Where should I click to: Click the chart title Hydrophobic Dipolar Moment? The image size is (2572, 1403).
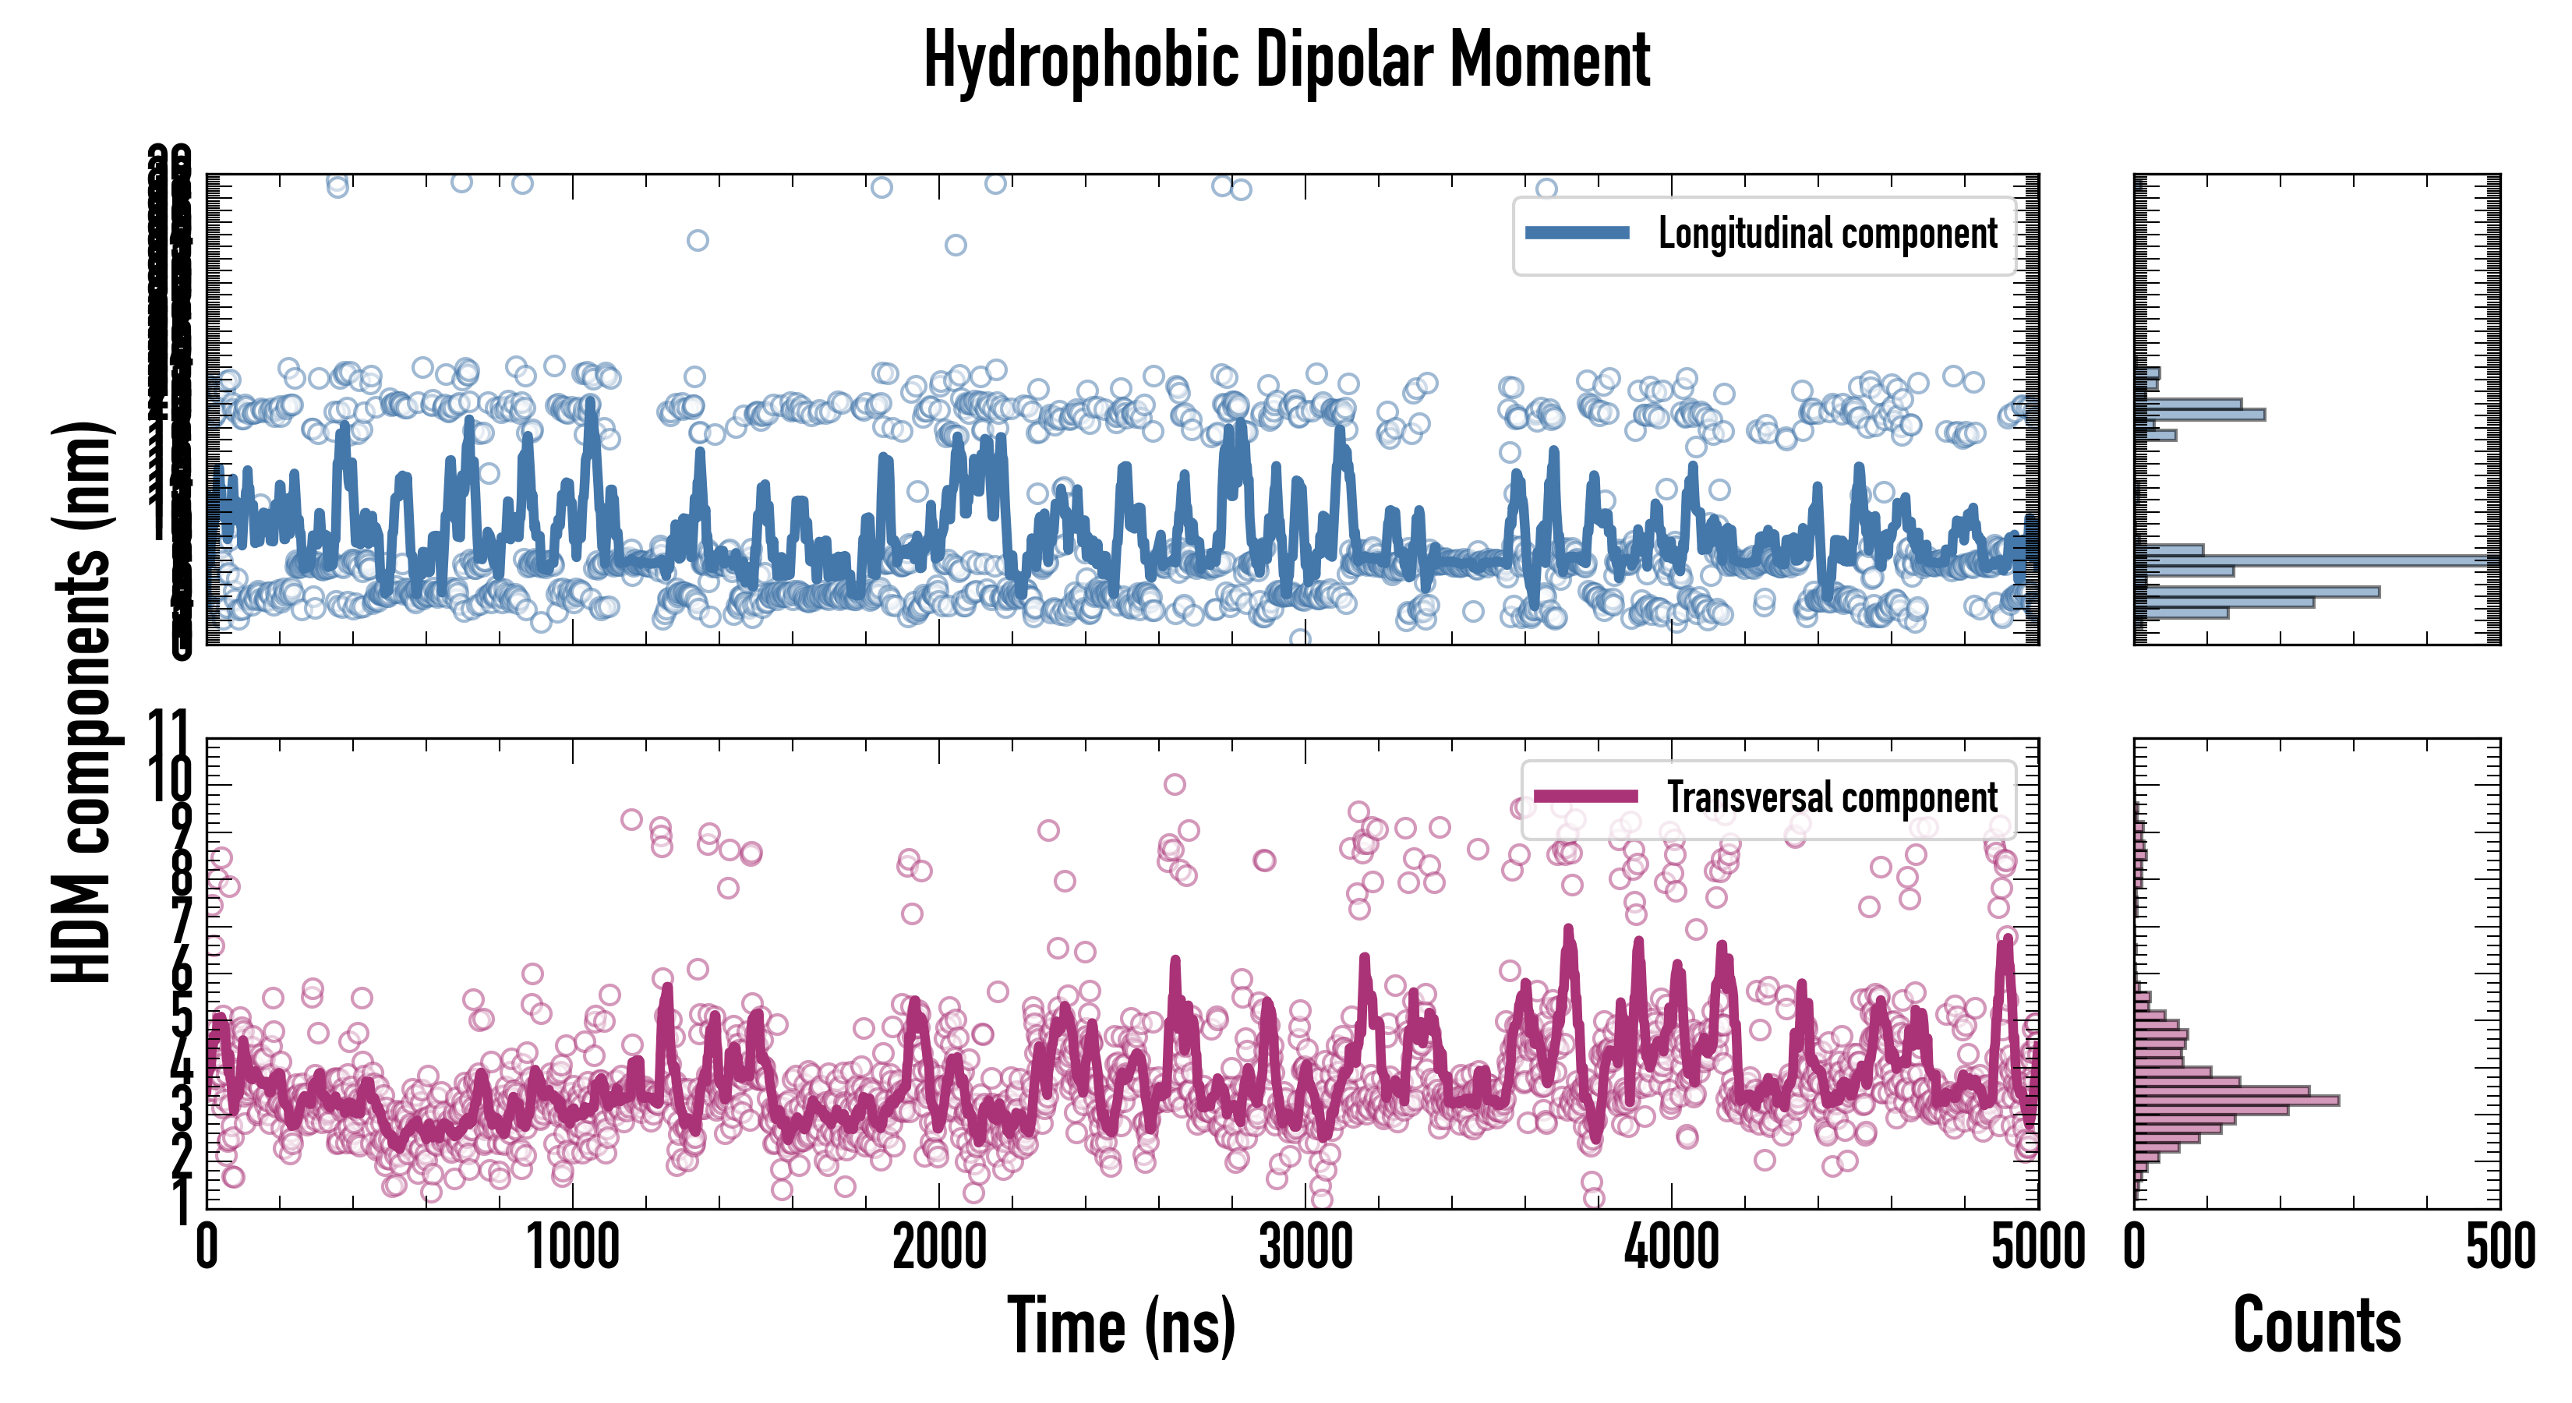point(1286,60)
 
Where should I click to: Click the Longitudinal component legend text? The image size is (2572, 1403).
point(1827,234)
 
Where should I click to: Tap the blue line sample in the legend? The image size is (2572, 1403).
point(1577,234)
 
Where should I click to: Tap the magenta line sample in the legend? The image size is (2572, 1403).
point(1585,797)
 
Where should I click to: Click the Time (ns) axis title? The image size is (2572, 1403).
point(1122,1326)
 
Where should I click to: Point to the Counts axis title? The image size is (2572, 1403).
point(2316,1326)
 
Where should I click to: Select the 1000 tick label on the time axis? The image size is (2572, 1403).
point(573,1247)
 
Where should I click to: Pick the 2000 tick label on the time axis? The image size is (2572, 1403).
point(938,1247)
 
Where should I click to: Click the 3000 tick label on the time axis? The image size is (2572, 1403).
point(1305,1247)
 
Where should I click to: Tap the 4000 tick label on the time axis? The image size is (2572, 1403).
point(1671,1247)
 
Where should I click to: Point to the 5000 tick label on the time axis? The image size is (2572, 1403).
point(2037,1247)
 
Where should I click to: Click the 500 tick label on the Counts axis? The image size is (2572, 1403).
point(2500,1247)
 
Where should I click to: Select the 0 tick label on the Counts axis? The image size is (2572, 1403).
point(2135,1247)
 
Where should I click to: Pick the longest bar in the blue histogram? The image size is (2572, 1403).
point(2316,561)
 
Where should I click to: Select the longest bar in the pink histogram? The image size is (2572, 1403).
point(2237,1101)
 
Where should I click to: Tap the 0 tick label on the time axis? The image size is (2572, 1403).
point(207,1247)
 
